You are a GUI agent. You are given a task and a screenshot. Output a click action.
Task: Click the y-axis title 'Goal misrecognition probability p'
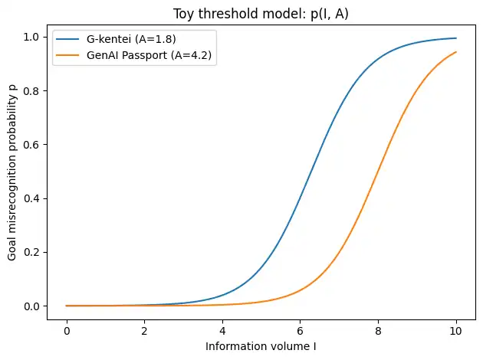[12, 172]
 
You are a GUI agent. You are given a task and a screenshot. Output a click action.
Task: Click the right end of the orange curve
[456, 52]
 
